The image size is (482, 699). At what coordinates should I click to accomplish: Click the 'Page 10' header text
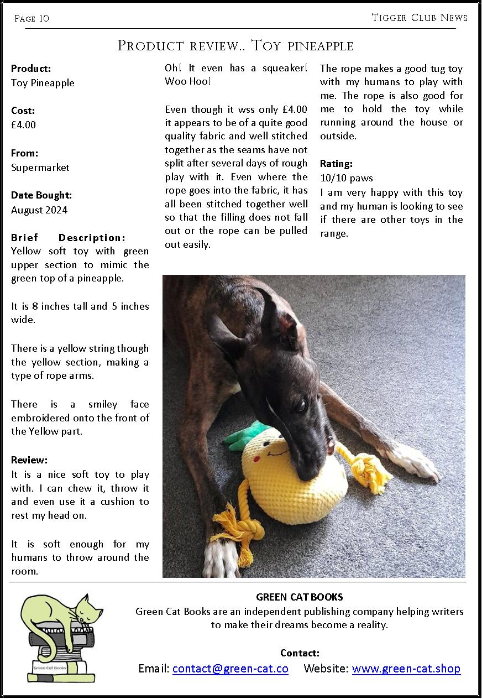(x=32, y=19)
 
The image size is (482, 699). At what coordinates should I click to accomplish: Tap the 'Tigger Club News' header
(x=420, y=18)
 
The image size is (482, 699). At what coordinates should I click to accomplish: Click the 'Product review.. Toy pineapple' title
(x=235, y=45)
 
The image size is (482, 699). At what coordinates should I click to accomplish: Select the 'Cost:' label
(x=23, y=111)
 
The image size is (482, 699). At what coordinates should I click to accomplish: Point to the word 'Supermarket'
(x=40, y=168)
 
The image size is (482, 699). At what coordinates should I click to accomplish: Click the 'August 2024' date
(x=39, y=210)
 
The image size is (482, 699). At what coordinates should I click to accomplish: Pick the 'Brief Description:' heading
(x=68, y=238)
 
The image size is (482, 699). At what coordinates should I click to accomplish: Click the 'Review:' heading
(x=29, y=460)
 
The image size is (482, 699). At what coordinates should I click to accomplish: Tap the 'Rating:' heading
(x=336, y=164)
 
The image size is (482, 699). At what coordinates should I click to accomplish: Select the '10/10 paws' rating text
(x=347, y=178)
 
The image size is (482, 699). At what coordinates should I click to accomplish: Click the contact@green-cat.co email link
(x=230, y=669)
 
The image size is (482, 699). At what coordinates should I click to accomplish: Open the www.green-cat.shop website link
(x=406, y=669)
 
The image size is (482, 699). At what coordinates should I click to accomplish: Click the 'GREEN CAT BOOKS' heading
(x=299, y=597)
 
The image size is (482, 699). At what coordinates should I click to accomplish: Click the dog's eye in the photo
(x=301, y=406)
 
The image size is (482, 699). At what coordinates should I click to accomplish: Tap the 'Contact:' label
(x=300, y=653)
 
